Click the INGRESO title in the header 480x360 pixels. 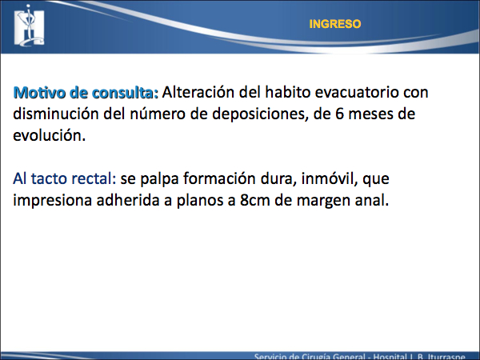335,24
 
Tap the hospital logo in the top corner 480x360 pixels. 30,26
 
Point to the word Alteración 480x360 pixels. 198,92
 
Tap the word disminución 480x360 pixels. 55,114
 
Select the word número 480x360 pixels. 158,114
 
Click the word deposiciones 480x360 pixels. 260,114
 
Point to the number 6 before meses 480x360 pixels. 340,114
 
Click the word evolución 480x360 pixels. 49,135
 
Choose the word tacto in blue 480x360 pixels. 48,178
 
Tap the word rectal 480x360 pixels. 94,178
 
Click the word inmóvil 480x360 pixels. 330,178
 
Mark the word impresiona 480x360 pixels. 52,201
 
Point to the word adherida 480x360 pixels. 128,200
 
